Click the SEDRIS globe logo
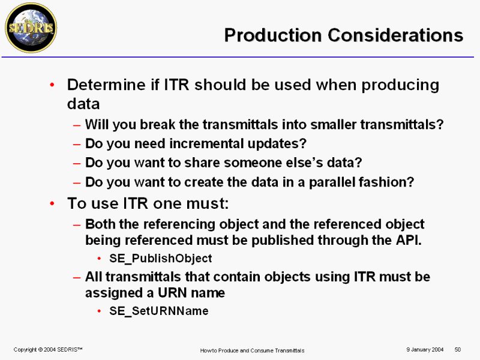[x=31, y=28]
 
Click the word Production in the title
[x=273, y=35]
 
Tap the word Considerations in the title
[x=395, y=35]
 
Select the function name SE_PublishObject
[x=160, y=259]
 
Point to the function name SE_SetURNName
[x=159, y=311]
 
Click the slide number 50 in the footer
[x=458, y=350]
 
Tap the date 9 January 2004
[x=425, y=350]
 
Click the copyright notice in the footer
[x=48, y=350]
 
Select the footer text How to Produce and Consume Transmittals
[x=252, y=350]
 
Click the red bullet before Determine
[x=52, y=85]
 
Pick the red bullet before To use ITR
[x=52, y=203]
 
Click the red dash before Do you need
[x=77, y=144]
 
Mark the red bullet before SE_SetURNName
[x=99, y=311]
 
